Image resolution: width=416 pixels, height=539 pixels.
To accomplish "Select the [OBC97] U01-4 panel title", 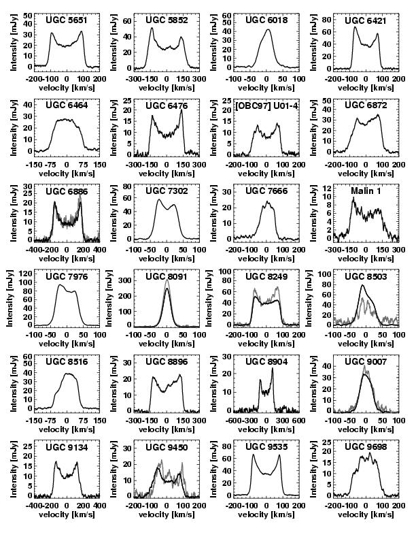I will (x=266, y=106).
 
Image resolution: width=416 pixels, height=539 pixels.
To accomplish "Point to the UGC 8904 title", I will (x=266, y=363).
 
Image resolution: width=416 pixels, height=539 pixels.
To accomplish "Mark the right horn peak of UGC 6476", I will (x=181, y=110).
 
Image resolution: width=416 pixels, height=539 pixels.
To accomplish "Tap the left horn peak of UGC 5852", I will (x=152, y=28).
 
